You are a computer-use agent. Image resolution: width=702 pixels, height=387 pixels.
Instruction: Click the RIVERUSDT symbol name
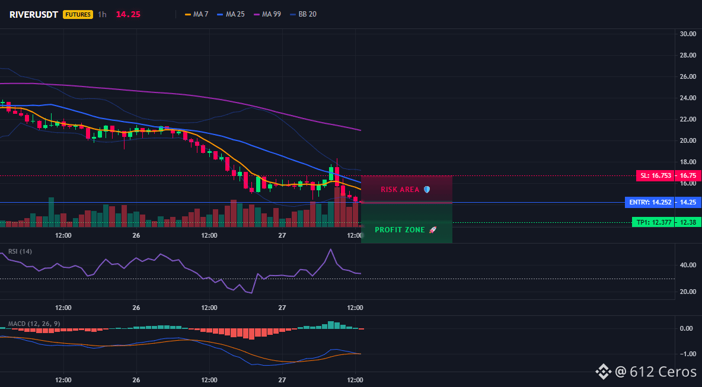tap(34, 14)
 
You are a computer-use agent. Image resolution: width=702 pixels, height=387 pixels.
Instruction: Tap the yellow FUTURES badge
tap(78, 14)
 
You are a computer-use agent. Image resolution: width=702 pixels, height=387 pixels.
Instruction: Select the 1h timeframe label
tap(102, 14)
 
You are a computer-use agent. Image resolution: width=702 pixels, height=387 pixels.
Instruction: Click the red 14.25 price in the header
tap(128, 14)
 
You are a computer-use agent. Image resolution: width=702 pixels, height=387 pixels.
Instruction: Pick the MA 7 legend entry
tap(196, 14)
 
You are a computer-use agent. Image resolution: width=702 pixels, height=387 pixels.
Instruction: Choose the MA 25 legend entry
tap(231, 14)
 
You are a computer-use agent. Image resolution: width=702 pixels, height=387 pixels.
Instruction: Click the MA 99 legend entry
tap(267, 14)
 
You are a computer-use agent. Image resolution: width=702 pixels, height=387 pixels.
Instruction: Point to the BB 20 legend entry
tap(303, 14)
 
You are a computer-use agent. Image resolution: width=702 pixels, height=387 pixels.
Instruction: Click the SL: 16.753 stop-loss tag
tap(655, 176)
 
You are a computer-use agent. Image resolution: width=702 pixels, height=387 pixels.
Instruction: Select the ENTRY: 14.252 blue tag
tap(650, 203)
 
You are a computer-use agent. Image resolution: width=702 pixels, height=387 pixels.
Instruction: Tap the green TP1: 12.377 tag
tap(653, 222)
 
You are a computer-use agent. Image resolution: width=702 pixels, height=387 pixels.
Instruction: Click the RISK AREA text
tap(400, 190)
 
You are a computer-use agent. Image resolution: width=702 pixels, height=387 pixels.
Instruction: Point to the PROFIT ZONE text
tap(400, 230)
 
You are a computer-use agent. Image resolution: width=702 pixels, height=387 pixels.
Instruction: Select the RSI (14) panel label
tap(20, 251)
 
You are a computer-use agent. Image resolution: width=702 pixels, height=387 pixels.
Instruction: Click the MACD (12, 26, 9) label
tap(34, 324)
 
